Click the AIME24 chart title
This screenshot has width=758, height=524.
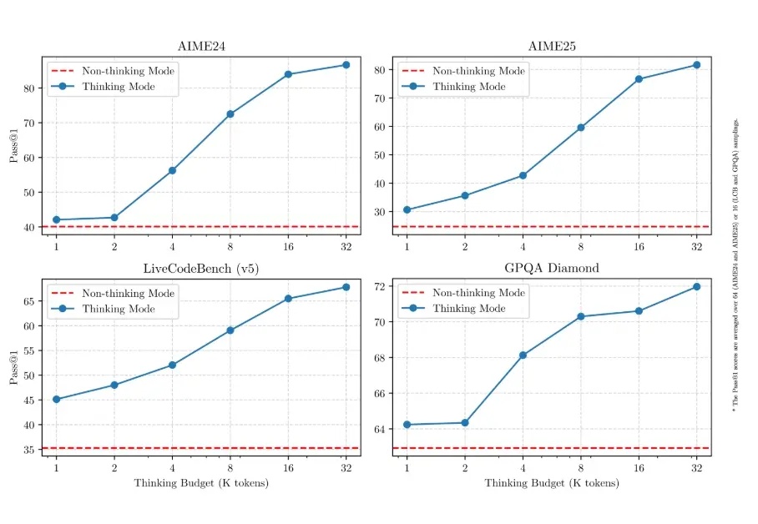coord(201,46)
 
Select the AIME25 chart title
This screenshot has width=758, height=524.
coord(552,46)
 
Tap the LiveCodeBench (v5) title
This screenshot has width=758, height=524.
coord(201,268)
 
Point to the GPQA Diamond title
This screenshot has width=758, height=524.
coord(552,268)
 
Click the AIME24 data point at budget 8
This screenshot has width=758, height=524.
coord(230,114)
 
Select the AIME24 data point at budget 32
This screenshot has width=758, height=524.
coord(346,65)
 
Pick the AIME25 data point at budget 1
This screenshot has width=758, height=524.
coord(407,209)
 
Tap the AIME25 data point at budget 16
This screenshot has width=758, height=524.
coord(639,79)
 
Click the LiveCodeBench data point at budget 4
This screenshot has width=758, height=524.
coord(172,365)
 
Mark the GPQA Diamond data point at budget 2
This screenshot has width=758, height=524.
coord(465,423)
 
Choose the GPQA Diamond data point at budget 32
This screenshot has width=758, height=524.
coord(696,287)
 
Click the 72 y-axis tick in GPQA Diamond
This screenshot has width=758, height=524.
coord(380,286)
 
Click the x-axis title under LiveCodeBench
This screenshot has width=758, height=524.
coord(201,483)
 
